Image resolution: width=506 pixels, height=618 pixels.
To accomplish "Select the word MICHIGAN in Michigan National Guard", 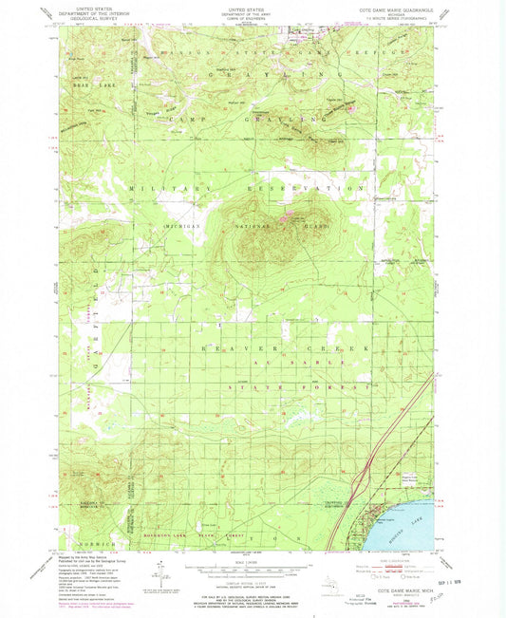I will (x=185, y=228).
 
